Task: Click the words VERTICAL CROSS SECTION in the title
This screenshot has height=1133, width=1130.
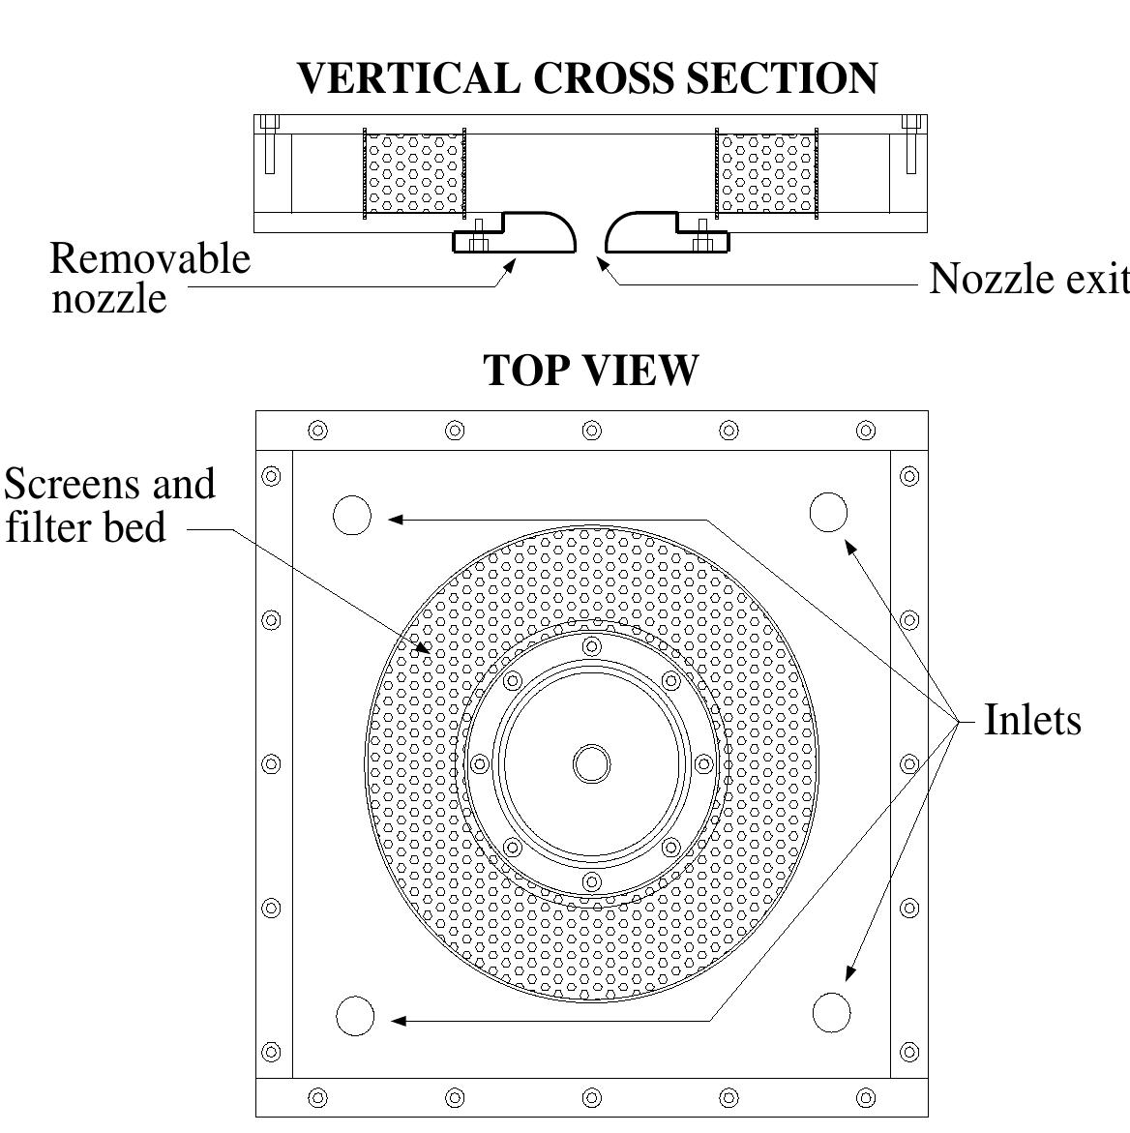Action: (586, 78)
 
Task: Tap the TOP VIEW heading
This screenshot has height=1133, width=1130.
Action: (590, 370)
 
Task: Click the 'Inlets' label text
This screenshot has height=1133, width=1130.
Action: (1032, 720)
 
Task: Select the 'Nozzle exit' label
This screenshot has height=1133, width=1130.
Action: (1028, 279)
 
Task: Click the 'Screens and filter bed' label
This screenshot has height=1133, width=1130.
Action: (109, 505)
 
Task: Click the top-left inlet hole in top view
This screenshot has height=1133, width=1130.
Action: (352, 515)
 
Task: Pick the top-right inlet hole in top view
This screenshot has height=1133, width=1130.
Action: (828, 512)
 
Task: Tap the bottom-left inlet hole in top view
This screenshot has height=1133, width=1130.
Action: (355, 1016)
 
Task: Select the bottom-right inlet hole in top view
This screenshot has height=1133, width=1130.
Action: (832, 1013)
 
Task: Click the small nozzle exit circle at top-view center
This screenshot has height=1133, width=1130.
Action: (591, 764)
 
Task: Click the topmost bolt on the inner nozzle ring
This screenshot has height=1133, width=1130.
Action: (591, 646)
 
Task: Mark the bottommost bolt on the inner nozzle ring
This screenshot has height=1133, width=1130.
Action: (591, 882)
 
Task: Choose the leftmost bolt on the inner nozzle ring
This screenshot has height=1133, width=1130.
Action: (479, 764)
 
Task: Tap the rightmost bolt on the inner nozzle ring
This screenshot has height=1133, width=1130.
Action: (703, 764)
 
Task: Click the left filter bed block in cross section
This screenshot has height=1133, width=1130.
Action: (414, 174)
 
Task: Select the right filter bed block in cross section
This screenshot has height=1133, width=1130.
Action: (766, 174)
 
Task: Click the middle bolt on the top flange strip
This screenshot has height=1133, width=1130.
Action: (591, 431)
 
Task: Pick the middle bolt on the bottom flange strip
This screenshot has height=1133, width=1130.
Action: (591, 1097)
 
